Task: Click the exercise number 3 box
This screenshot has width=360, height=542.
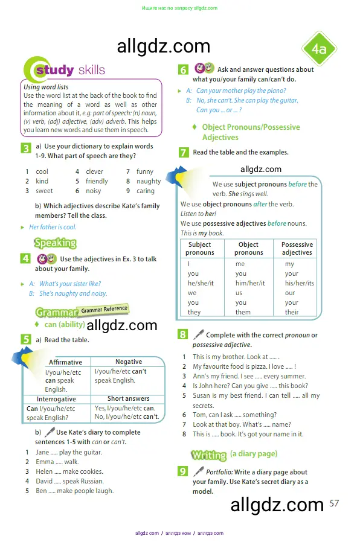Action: (26, 148)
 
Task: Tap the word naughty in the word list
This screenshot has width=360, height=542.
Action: (149, 181)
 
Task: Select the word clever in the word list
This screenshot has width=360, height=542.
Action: (95, 171)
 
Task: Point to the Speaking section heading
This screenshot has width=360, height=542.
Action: (55, 243)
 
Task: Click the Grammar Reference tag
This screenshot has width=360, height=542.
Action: (104, 309)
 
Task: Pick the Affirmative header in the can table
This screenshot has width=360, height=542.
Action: (65, 362)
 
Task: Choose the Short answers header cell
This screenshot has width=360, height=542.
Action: (129, 398)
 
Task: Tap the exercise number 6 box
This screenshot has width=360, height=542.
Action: (183, 69)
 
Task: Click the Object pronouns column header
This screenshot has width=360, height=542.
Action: (249, 249)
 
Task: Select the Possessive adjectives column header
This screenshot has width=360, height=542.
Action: (297, 249)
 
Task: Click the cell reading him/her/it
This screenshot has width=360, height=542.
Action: (249, 283)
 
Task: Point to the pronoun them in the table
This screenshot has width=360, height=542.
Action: (243, 312)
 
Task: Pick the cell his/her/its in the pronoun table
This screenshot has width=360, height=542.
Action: (299, 283)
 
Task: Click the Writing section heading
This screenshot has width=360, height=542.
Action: (208, 454)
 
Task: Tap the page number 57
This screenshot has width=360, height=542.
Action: (335, 503)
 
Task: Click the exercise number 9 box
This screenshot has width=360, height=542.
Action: (183, 471)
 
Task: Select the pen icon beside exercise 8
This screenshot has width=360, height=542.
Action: (198, 334)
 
